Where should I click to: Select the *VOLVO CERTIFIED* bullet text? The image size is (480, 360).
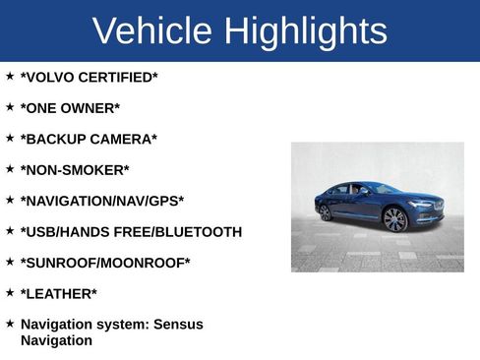[x=89, y=77]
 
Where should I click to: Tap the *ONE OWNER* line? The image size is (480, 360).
[x=70, y=108]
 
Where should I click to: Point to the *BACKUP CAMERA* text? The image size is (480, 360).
[x=89, y=139]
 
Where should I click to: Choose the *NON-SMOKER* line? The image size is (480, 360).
[x=75, y=170]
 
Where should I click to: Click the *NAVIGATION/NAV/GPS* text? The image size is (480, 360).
[x=101, y=201]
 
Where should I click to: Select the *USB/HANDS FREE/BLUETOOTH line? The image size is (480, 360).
[x=131, y=232]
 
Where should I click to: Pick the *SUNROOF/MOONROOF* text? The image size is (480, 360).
[x=105, y=263]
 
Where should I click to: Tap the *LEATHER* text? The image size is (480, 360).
[x=59, y=293]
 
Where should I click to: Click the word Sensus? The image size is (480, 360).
[x=178, y=324]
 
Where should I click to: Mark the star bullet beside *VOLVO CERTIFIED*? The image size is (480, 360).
[x=10, y=75]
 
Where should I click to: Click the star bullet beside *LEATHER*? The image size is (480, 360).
[x=10, y=291]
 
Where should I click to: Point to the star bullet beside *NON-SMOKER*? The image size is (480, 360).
[x=10, y=168]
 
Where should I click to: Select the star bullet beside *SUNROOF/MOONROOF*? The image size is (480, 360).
[x=10, y=261]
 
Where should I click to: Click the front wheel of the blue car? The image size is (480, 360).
[x=395, y=219]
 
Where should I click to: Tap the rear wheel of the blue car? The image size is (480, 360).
[x=326, y=212]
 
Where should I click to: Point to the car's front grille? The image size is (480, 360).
[x=438, y=207]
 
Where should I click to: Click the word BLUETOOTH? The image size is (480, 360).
[x=199, y=232]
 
